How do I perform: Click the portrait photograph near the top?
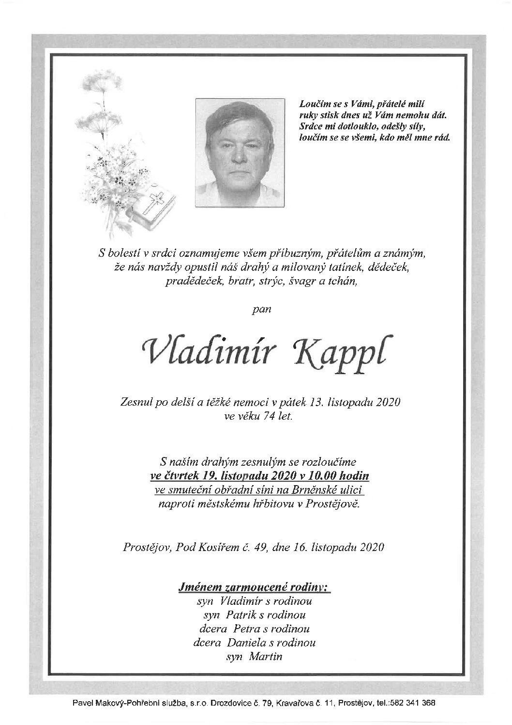[233, 154]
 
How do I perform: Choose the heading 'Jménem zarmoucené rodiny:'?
[254, 587]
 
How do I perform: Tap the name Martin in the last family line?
[266, 657]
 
